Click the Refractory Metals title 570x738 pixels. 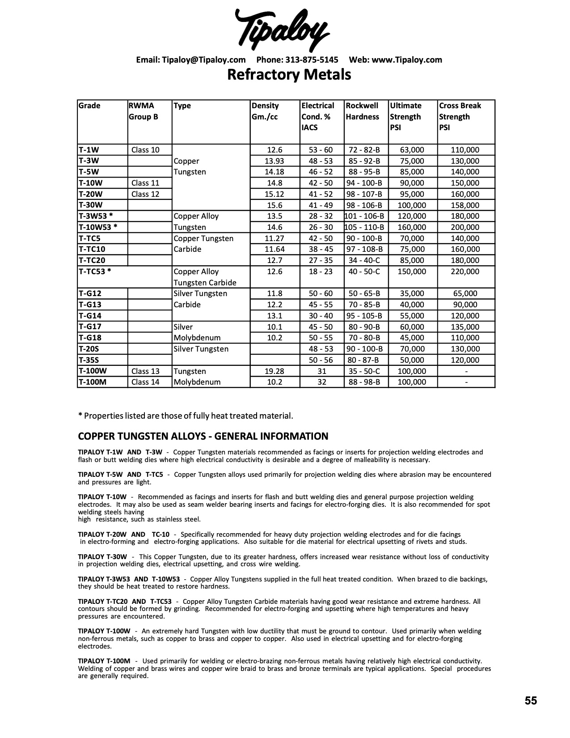pos(289,74)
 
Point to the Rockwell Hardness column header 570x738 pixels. pos(363,111)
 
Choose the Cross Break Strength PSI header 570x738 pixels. pos(460,116)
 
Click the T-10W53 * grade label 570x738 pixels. pos(98,227)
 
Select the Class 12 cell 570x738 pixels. pos(145,194)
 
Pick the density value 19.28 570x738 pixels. pos(274,371)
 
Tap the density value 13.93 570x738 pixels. pos(274,161)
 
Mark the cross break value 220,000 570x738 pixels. pos(465,271)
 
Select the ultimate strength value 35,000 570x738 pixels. pos(411,293)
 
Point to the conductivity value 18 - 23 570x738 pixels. pos(321,271)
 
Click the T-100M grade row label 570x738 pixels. pos(93,382)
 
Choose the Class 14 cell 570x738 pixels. pos(145,382)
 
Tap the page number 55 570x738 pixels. pos(531,700)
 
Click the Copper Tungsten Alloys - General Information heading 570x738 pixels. pos(203,436)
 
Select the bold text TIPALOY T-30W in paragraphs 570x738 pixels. pos(104,557)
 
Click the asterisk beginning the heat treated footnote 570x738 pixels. pos(80,416)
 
